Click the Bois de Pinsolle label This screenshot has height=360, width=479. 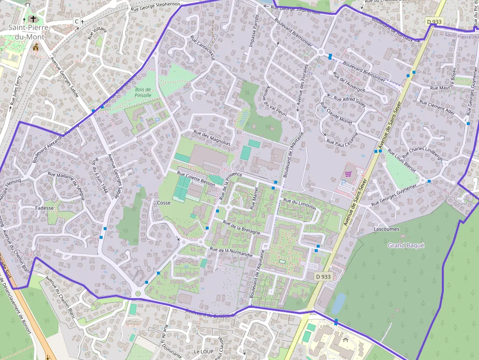[143, 92]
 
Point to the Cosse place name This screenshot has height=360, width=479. [164, 203]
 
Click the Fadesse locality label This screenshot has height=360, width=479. [44, 208]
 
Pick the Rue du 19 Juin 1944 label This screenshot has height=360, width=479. [100, 174]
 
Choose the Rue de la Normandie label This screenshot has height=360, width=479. [231, 252]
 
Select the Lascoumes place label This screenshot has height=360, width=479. [386, 229]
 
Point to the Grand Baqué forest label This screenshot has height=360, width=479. [406, 245]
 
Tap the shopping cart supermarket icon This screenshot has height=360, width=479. [348, 173]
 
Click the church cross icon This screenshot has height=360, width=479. [33, 19]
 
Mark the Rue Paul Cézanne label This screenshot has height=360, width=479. [342, 139]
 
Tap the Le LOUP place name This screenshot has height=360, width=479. [204, 351]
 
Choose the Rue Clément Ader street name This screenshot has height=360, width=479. [437, 109]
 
